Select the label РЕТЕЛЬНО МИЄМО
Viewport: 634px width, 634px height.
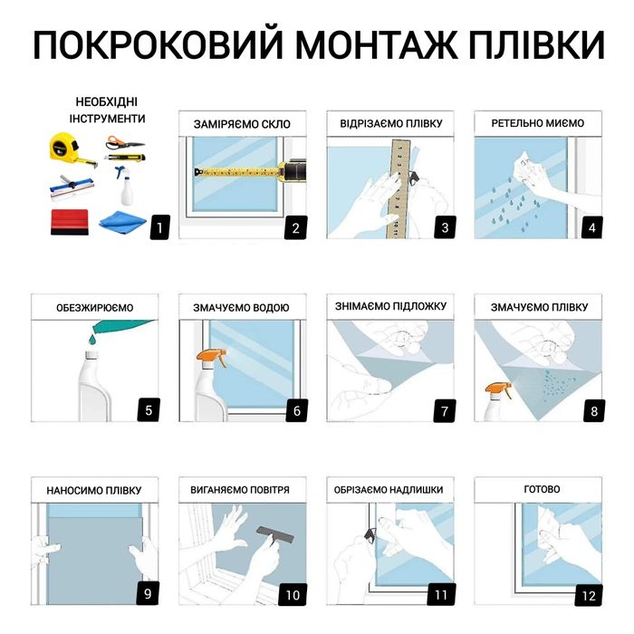tap(538, 123)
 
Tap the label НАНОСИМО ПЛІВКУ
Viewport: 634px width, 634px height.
tap(94, 491)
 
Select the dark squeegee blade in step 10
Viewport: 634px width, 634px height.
tap(271, 532)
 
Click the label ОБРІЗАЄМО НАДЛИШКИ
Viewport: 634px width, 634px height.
tap(390, 490)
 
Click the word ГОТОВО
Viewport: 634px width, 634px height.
tap(542, 489)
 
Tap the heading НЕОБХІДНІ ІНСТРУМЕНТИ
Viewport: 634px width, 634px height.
tap(107, 110)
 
